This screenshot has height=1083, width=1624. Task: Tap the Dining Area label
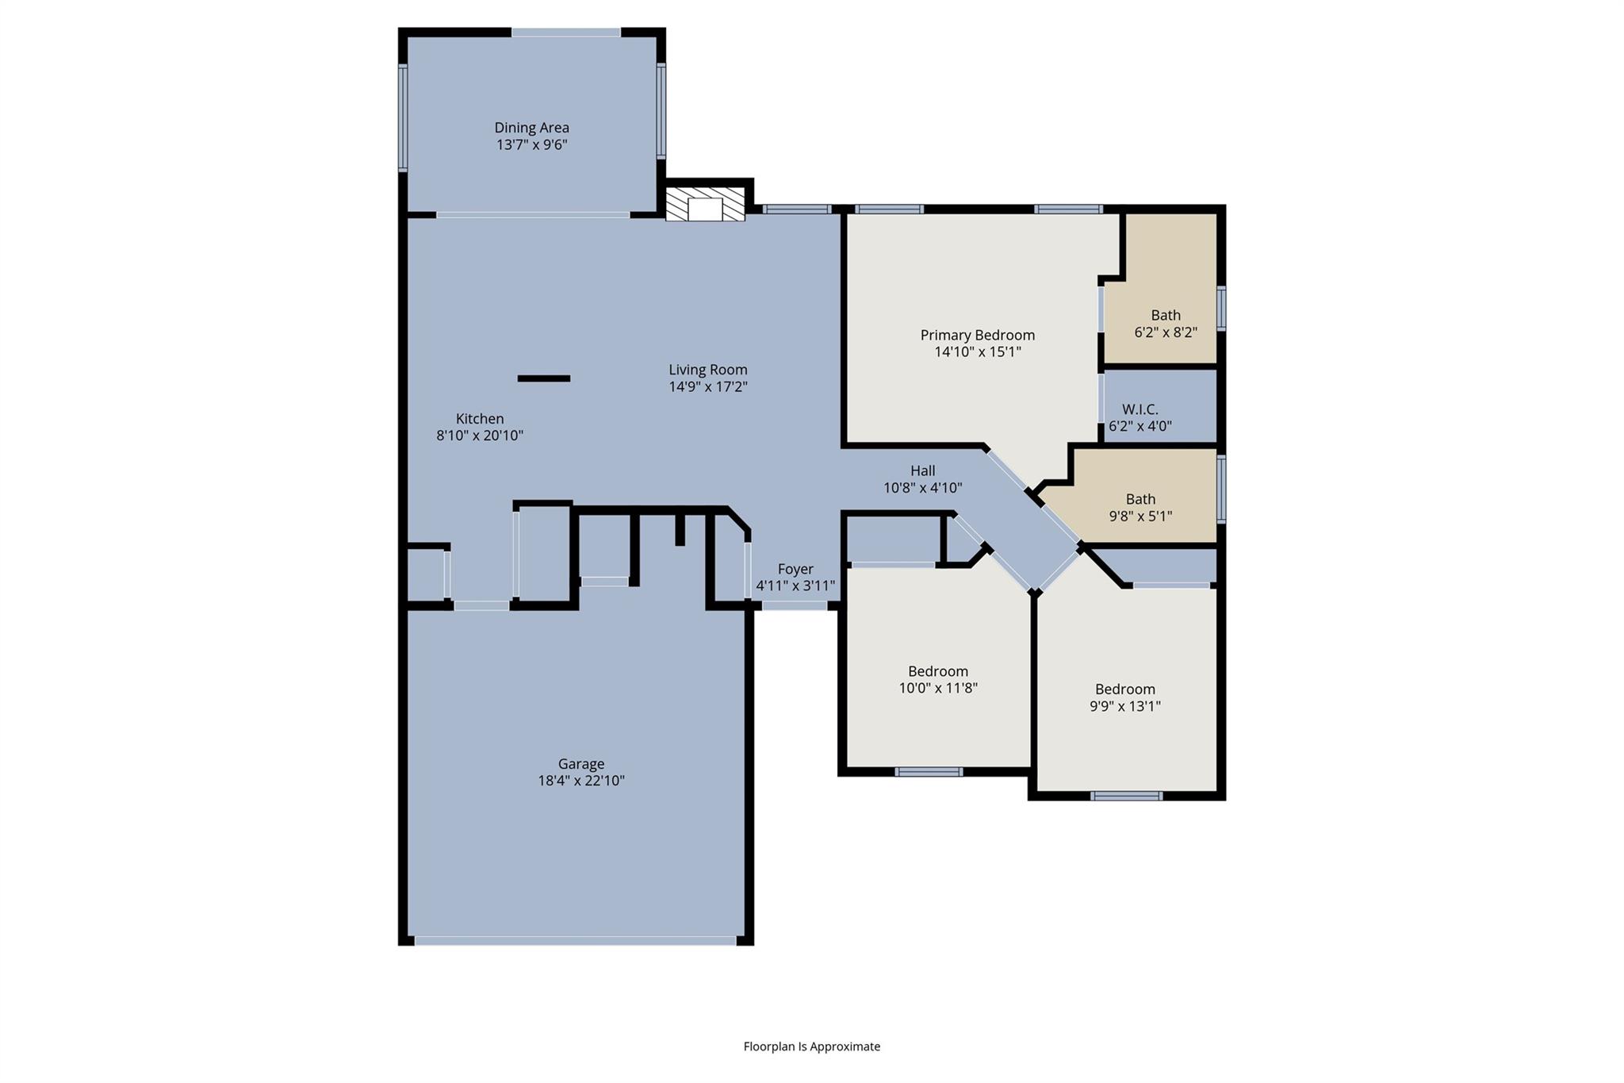coord(531,128)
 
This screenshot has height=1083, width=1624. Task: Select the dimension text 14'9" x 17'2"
coord(707,387)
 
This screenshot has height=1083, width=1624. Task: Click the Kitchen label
coord(479,419)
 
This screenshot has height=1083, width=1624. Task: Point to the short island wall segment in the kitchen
coord(543,378)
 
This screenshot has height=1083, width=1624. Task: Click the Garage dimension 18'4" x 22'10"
coord(580,781)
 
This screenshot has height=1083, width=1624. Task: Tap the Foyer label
coord(795,569)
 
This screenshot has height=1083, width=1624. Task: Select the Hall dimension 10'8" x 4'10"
coord(922,488)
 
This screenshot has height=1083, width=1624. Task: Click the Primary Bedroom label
coord(977,335)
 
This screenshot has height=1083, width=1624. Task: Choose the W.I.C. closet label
coord(1139,409)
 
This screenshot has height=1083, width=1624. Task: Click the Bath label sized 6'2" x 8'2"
coord(1165,315)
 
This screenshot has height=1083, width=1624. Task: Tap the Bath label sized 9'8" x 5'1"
coord(1140,499)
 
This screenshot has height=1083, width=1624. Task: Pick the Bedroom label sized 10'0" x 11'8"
coord(937,671)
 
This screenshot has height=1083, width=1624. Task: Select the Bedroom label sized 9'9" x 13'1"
coord(1124,689)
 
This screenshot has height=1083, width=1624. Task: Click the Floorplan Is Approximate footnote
coord(811,1047)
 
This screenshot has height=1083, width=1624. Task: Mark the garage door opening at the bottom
coord(575,941)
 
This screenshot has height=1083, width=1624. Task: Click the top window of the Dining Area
coord(565,33)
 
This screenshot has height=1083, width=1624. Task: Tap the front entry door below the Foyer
coord(795,605)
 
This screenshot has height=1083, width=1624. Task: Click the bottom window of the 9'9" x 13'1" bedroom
coord(1126,796)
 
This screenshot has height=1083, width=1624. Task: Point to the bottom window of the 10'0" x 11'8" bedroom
coord(929,771)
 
